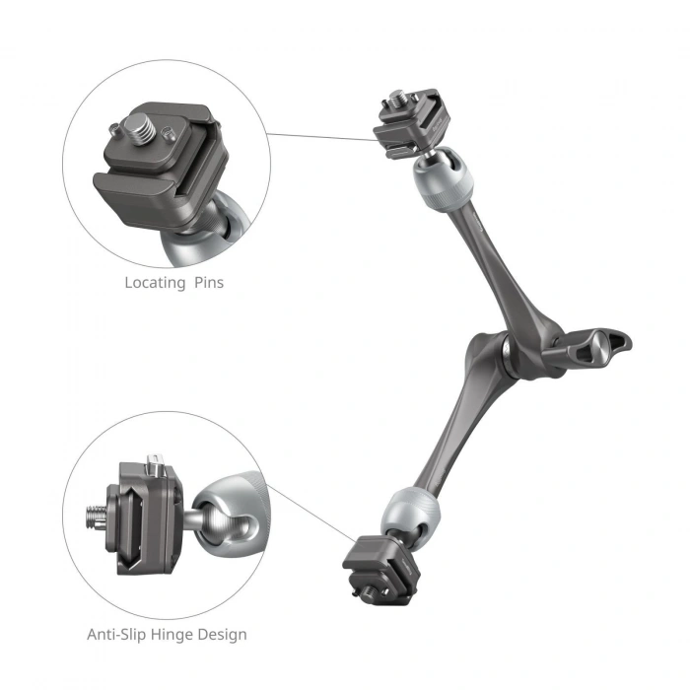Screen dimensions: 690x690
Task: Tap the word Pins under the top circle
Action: click(x=207, y=283)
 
